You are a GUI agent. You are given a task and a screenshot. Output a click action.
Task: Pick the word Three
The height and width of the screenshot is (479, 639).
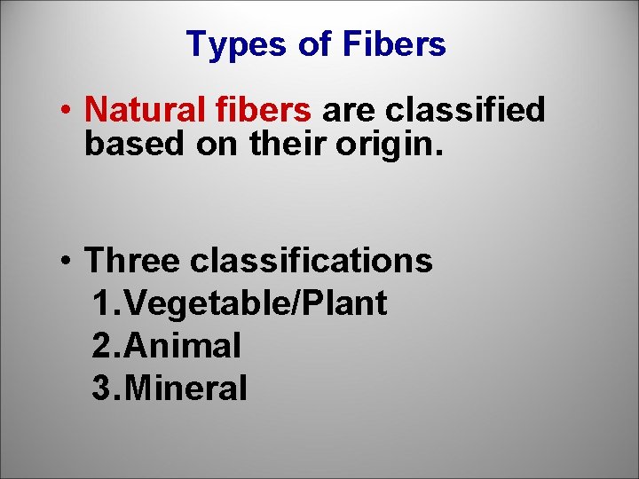pos(132,261)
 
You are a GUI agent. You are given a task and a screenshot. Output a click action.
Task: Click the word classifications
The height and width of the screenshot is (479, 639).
pos(311,261)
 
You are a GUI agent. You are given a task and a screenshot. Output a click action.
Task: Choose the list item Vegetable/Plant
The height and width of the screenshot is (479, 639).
pos(257,303)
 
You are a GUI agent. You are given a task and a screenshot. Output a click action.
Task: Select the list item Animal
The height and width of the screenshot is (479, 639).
pos(185,346)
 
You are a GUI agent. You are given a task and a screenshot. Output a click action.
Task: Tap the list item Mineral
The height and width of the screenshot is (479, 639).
pos(188,388)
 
